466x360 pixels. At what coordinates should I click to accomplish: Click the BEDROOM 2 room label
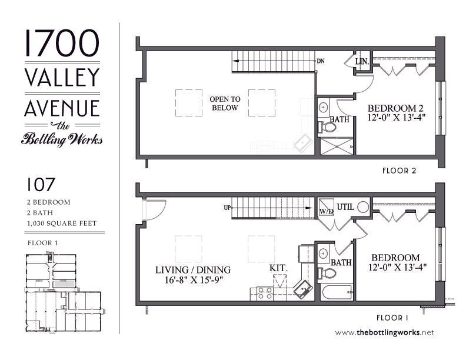tap(395, 108)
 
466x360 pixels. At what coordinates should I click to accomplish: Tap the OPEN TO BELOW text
tap(225, 104)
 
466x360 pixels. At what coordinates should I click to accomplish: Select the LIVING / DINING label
tap(193, 270)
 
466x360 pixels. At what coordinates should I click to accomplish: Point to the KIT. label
tap(278, 268)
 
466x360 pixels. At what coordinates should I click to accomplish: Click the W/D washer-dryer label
tap(325, 210)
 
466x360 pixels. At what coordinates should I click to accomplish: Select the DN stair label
tap(321, 61)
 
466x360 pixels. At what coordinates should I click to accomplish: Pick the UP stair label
tap(227, 208)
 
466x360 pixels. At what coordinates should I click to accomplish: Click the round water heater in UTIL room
tap(362, 206)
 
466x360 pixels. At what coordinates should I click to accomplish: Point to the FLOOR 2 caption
tap(400, 171)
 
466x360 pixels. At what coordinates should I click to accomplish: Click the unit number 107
tap(41, 185)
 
